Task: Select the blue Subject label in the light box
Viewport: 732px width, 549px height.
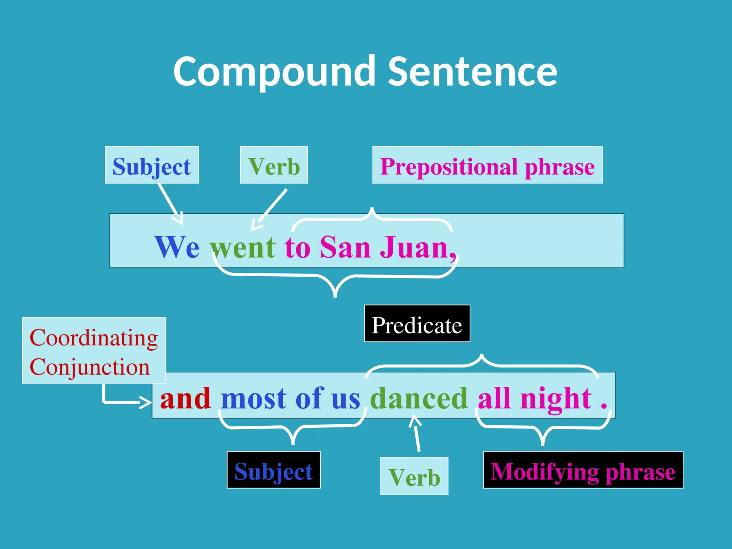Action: [152, 166]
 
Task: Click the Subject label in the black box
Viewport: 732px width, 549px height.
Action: [273, 471]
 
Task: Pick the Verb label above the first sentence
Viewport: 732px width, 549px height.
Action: [274, 166]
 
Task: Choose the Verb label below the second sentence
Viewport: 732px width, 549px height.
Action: [414, 477]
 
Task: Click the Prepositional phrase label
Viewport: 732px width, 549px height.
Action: [487, 166]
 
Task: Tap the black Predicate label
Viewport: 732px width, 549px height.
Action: [417, 325]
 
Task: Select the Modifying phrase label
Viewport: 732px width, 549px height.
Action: [583, 471]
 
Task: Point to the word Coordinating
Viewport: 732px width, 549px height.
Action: [94, 338]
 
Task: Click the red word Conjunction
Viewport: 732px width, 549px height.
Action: [90, 367]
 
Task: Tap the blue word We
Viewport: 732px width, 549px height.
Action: [177, 247]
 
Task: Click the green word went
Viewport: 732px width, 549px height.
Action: [243, 247]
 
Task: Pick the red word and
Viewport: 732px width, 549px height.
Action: [185, 398]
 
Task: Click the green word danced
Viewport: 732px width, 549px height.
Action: [419, 398]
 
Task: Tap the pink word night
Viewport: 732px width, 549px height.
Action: [556, 398]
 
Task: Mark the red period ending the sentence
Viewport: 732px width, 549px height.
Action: [604, 406]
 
